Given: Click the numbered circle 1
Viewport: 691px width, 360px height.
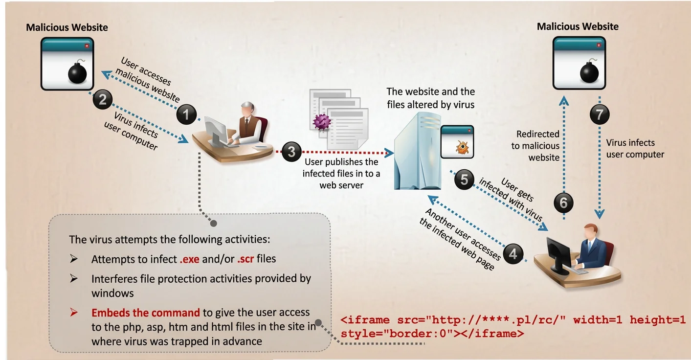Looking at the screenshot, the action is [x=186, y=114].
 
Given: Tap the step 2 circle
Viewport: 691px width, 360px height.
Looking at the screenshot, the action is [x=102, y=99].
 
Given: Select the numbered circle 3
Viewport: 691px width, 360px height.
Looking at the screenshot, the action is [x=291, y=152].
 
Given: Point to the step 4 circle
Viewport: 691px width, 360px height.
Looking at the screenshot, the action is [x=513, y=254].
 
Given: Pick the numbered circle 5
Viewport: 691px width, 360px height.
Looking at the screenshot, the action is [x=464, y=179].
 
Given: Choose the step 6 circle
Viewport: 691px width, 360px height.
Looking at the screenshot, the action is [x=563, y=202].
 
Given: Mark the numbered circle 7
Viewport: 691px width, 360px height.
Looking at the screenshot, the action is [x=600, y=114].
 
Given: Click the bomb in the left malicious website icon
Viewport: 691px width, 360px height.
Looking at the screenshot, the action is [x=77, y=72].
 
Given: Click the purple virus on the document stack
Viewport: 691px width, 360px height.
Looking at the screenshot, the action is [x=322, y=122].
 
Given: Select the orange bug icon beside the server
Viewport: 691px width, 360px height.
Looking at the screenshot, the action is [x=462, y=147].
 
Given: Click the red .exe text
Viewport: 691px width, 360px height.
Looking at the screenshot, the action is [x=190, y=259].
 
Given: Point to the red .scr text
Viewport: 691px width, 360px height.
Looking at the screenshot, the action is [x=245, y=259].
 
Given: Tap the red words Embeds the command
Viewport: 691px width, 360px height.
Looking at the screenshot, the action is [x=146, y=313].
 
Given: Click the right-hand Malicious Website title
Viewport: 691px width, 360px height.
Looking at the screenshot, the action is [x=578, y=26].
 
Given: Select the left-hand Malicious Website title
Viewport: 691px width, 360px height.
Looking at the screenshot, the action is [x=67, y=27].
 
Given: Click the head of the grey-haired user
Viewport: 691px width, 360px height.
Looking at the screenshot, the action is [x=248, y=109].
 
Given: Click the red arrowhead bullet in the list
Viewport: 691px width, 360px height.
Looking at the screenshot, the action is [x=73, y=312].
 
